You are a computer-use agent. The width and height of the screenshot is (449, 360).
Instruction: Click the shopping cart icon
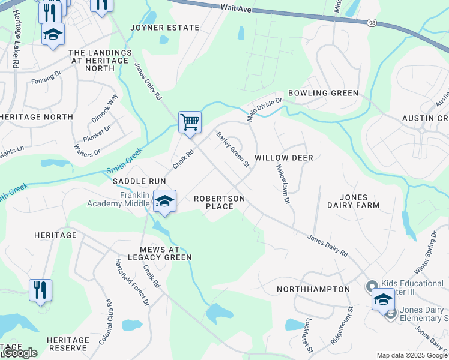coord(190,122)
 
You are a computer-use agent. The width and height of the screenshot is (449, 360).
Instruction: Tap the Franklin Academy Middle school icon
coord(163,202)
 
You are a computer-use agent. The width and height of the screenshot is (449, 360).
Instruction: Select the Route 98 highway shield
coord(372,23)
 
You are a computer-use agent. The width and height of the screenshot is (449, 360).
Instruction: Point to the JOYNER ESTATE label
coord(165,28)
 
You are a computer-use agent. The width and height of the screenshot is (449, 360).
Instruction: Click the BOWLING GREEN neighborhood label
coord(323,93)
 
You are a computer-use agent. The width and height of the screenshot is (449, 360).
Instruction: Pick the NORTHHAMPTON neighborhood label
coord(313,289)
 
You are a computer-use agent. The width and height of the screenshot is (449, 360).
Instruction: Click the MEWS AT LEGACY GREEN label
coord(157,253)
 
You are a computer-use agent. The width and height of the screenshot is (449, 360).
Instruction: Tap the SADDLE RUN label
coord(139,181)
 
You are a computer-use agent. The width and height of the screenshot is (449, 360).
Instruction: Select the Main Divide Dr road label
coord(265,109)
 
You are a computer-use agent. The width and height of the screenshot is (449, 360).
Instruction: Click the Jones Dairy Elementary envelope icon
coord(391,313)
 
